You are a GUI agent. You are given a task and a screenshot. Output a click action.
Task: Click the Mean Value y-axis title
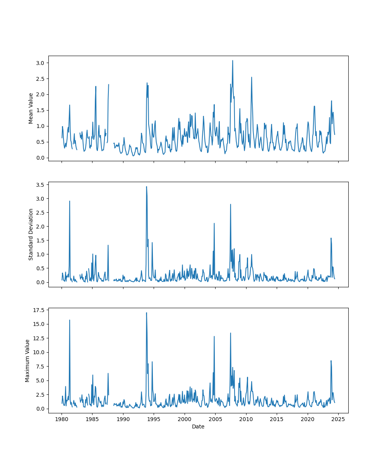coord(31,108)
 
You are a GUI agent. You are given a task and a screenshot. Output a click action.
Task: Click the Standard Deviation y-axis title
coord(31,234)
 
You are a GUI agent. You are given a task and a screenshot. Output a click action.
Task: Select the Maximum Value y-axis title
coord(27,360)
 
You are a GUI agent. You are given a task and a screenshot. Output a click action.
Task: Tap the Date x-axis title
coord(198,426)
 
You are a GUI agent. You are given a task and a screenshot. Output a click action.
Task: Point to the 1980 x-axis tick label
coord(62,419)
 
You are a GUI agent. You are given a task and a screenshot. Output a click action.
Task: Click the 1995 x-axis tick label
coord(154,419)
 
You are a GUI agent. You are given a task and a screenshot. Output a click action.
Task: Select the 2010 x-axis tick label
coord(246,419)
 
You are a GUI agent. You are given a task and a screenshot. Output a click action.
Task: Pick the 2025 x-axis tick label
coord(338,419)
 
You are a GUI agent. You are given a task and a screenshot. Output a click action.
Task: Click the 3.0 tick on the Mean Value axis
coord(41,63)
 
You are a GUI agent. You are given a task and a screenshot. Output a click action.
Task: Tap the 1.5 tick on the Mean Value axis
coord(41,110)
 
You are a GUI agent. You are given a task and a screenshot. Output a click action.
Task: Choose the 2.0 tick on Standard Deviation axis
coord(41,226)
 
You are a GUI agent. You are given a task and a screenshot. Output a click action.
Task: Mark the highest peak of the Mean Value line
coord(233,60)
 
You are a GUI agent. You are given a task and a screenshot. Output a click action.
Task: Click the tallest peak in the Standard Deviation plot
coord(146,186)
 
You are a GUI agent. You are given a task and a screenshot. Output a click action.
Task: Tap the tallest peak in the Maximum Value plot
coord(146,312)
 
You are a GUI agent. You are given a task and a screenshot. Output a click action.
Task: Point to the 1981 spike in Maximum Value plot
coord(70,320)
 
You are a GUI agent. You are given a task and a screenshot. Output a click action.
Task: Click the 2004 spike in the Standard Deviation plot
coord(214,223)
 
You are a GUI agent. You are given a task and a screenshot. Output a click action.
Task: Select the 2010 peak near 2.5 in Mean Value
coord(252,77)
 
